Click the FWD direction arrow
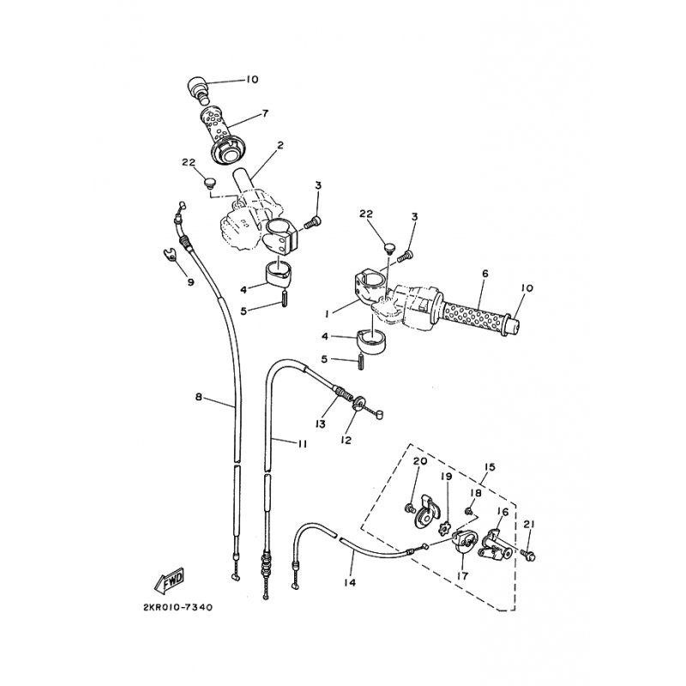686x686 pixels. (x=170, y=581)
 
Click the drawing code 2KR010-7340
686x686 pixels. (x=178, y=608)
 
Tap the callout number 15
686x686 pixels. (x=490, y=467)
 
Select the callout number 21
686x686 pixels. (x=529, y=524)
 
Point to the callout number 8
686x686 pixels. (x=199, y=397)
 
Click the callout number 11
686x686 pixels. (x=302, y=444)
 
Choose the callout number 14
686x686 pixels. (x=350, y=582)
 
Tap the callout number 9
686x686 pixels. (x=190, y=282)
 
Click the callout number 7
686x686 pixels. (x=264, y=114)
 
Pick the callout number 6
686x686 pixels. (x=484, y=274)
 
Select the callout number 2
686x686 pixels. (x=280, y=145)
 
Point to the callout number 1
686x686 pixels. (x=327, y=314)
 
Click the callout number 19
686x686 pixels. (x=446, y=476)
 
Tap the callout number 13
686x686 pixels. (x=321, y=424)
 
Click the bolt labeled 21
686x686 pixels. (x=528, y=556)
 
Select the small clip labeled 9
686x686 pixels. (x=170, y=253)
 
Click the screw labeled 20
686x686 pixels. (x=410, y=508)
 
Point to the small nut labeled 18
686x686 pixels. (x=468, y=510)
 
